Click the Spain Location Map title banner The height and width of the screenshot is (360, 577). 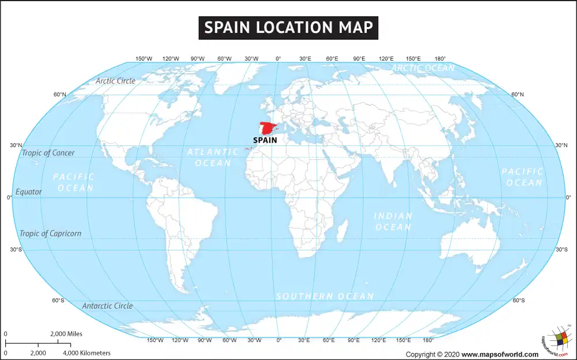coord(288,27)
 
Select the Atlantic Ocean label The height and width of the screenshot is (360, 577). coord(212,157)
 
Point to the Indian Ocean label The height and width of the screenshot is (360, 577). coord(394,222)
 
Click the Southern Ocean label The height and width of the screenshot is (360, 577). coord(325,296)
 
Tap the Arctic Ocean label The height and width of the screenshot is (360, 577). coord(423,68)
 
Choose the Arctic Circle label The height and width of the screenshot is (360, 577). coord(115,81)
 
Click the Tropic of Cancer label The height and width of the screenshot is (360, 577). coord(48,153)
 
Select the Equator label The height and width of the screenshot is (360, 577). coord(28,192)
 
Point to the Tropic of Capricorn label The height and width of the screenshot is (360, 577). coord(50,234)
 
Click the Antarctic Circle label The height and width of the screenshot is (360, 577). coord(107,306)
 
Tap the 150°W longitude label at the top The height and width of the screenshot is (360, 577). coord(144,59)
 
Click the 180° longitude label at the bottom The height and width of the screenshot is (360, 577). coord(428,340)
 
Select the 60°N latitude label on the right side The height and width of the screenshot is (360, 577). coord(518,95)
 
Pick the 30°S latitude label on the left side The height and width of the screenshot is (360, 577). coord(16,249)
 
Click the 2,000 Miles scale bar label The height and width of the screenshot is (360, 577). coord(66,334)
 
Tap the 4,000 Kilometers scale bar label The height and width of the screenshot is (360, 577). coord(87,352)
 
